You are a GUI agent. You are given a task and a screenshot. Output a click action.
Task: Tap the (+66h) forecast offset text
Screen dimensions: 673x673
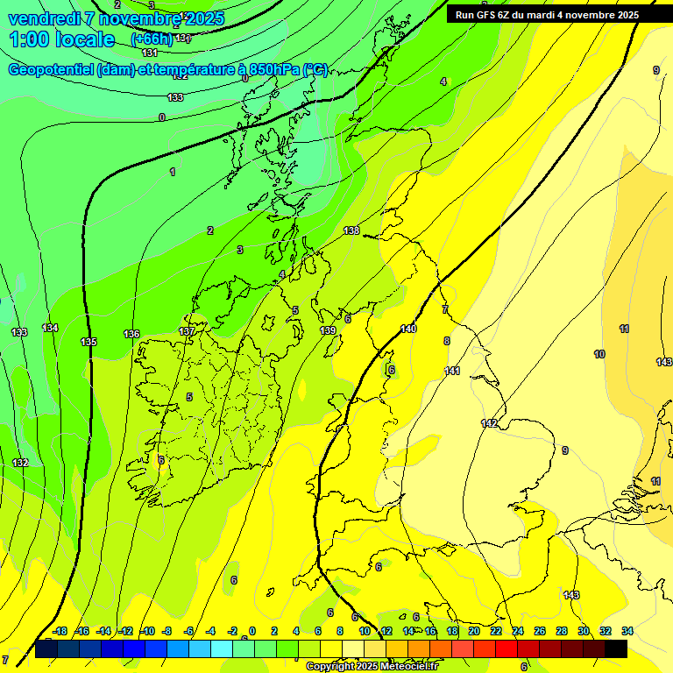click(x=152, y=39)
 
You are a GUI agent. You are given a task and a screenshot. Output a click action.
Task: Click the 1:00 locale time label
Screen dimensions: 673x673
click(x=61, y=39)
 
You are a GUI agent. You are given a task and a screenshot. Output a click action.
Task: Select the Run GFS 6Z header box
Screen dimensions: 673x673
click(x=547, y=15)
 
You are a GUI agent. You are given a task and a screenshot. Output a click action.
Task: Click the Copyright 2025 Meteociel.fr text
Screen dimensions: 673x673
click(x=372, y=666)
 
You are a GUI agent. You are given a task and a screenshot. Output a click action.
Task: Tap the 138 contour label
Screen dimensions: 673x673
click(x=351, y=230)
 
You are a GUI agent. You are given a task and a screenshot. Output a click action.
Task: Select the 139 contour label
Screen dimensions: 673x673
click(x=328, y=330)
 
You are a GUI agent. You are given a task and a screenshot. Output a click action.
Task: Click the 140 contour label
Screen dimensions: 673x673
click(x=408, y=329)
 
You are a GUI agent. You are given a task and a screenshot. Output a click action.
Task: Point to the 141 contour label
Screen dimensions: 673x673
click(x=452, y=371)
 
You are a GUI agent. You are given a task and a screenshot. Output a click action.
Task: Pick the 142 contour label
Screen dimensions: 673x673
click(x=489, y=423)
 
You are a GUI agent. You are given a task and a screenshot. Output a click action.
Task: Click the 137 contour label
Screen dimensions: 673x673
click(x=187, y=331)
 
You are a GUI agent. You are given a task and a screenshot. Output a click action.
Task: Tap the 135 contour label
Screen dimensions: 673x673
click(x=89, y=342)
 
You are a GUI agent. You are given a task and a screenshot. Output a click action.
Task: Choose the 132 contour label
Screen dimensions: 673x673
click(x=20, y=463)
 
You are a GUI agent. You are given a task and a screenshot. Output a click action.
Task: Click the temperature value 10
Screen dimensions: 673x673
click(x=599, y=354)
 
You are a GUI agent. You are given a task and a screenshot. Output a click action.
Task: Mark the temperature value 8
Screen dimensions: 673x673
click(x=446, y=341)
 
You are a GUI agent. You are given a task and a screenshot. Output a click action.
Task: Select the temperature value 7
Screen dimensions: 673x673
click(x=444, y=309)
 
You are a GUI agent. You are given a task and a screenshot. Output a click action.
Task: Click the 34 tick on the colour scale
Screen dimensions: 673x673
click(x=627, y=631)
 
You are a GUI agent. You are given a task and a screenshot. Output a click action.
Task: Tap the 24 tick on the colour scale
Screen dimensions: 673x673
click(x=518, y=631)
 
